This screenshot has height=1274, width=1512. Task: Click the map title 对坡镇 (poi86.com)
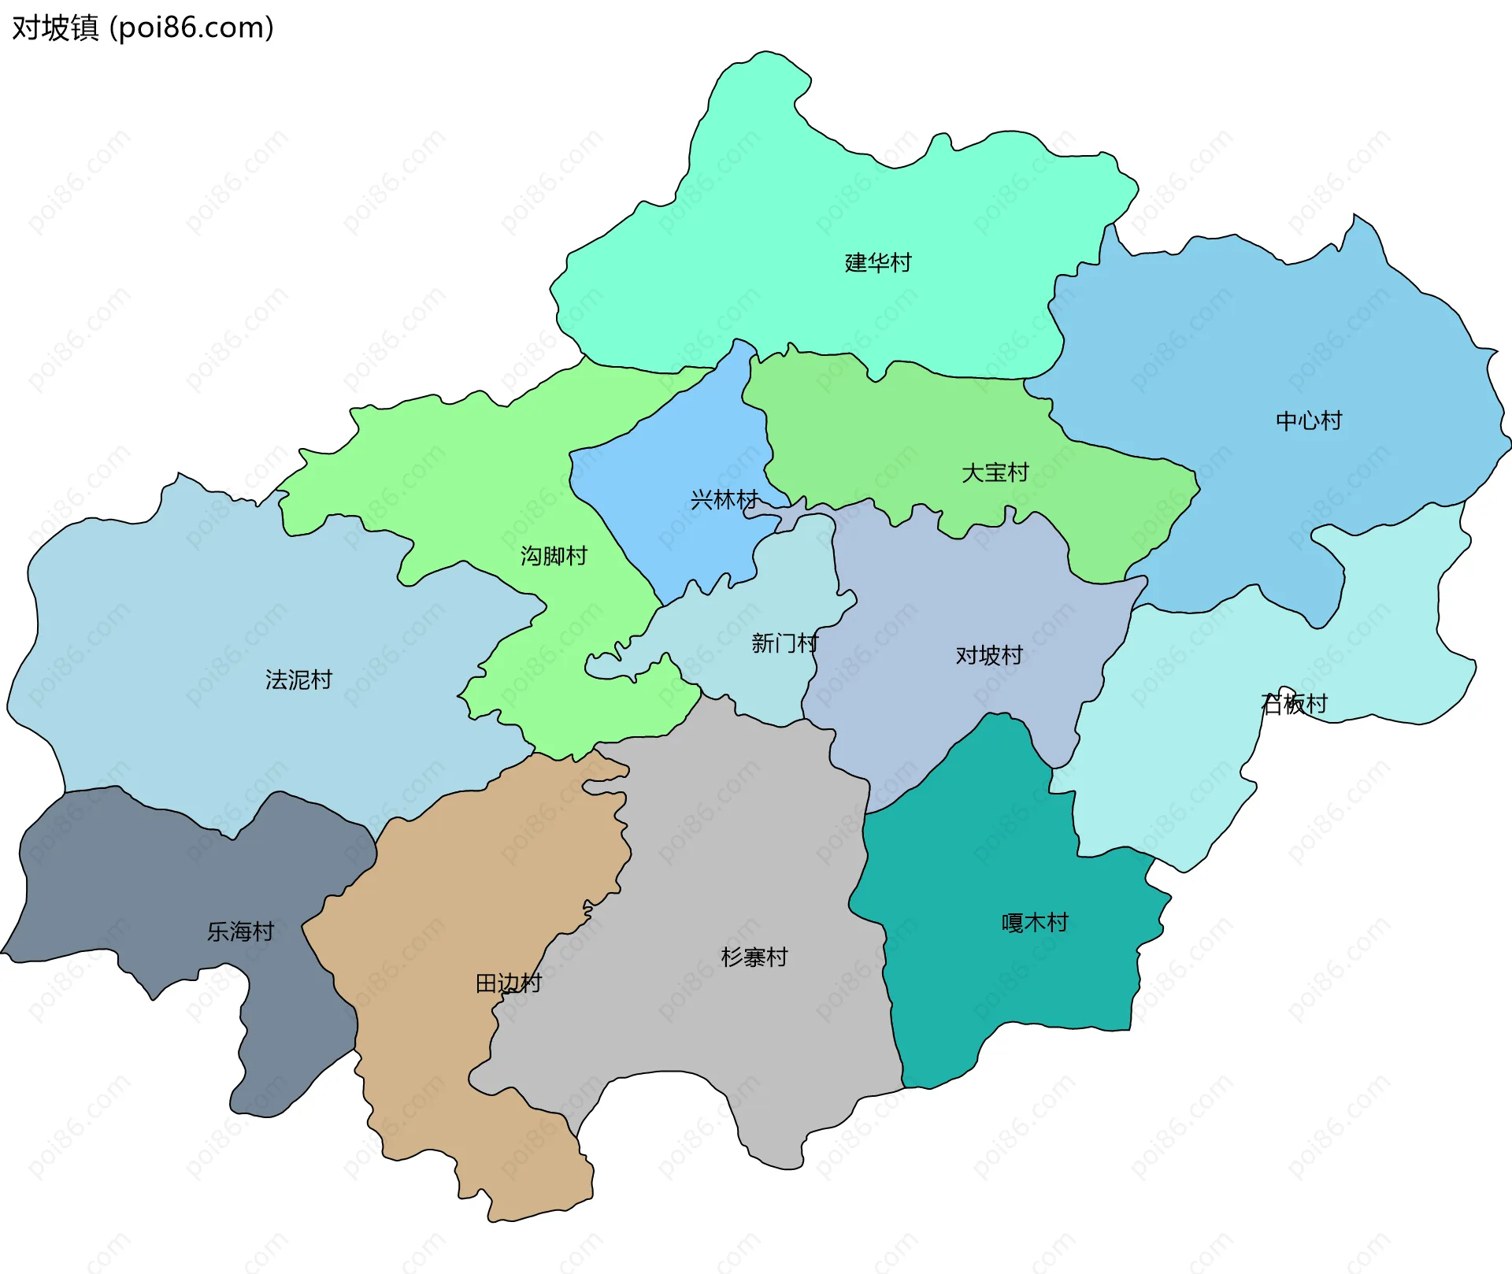pos(143,28)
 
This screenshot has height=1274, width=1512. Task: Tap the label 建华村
pos(877,262)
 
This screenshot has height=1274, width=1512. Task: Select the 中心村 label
pos(1308,420)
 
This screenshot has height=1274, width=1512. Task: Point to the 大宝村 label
pos(995,472)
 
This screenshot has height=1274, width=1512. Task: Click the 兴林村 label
pos(724,499)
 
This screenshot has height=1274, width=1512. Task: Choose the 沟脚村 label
pos(554,556)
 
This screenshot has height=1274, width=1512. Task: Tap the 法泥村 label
pos(298,680)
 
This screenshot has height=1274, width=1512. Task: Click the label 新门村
pos(784,643)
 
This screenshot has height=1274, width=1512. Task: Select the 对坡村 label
pos(988,655)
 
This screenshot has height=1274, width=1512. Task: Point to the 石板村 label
pos(1294,703)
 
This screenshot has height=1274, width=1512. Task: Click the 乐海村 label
pos(240,931)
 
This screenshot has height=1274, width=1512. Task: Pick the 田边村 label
pos(508,983)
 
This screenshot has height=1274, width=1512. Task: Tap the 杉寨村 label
pos(754,957)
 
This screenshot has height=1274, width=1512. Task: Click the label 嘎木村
pos(1034,922)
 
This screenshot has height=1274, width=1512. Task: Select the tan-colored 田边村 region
pos(441,1063)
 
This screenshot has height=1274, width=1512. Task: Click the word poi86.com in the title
pos(191,28)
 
